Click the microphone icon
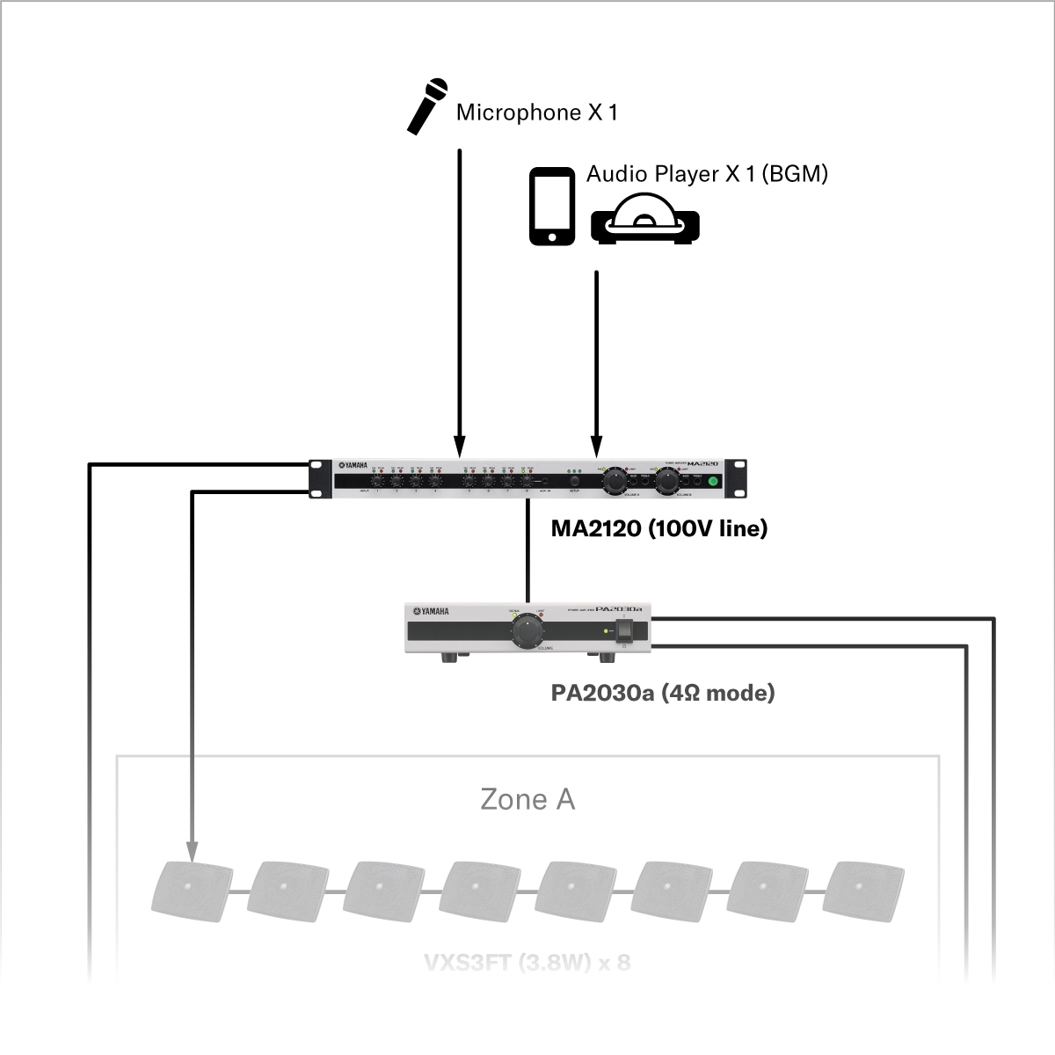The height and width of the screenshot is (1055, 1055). [x=427, y=105]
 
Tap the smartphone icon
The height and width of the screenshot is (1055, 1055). [x=552, y=207]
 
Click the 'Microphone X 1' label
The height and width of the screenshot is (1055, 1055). [x=536, y=113]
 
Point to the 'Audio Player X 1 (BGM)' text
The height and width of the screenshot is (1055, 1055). [x=707, y=173]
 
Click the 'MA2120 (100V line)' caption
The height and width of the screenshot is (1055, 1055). [x=658, y=528]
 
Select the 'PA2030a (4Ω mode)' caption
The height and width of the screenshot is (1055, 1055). [x=663, y=693]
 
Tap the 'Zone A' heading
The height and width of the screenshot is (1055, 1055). [x=527, y=799]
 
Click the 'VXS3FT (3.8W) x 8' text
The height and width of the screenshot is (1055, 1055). [x=527, y=962]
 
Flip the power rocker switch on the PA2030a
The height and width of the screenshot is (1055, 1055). [x=623, y=631]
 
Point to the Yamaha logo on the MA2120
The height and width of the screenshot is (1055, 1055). [x=353, y=466]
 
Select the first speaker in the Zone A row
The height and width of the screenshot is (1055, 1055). [x=193, y=888]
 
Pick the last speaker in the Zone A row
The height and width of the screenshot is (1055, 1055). [x=867, y=888]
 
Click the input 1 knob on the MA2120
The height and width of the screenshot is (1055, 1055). [x=377, y=481]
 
